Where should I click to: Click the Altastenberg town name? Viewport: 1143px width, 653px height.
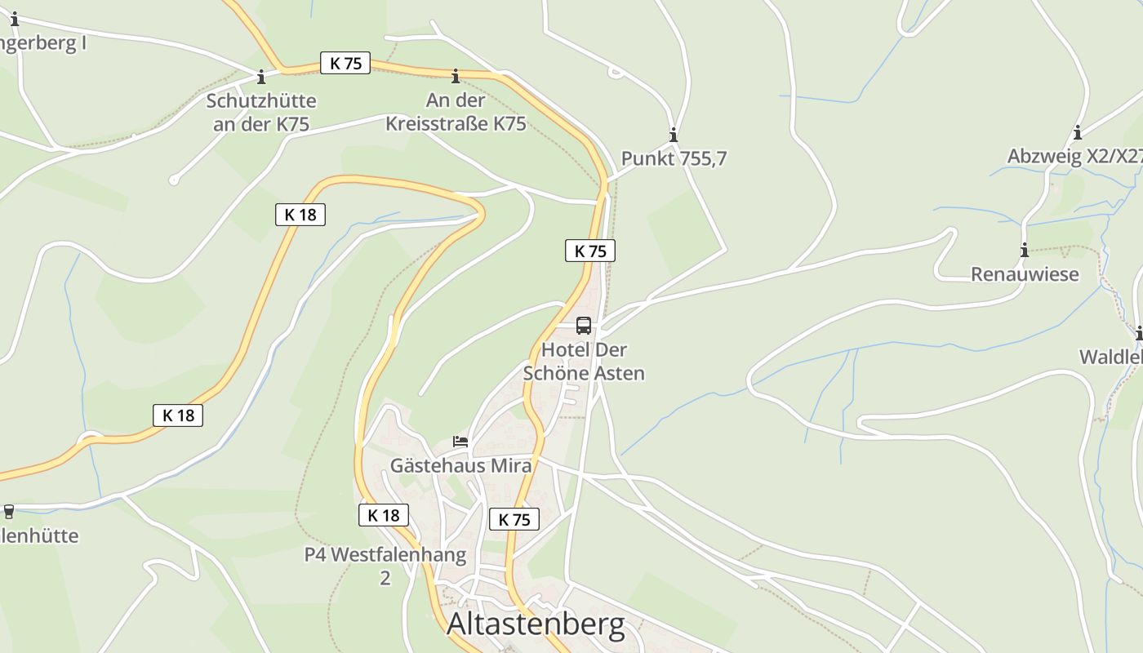click(x=536, y=624)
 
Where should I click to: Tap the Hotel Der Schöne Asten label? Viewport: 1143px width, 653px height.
click(x=584, y=362)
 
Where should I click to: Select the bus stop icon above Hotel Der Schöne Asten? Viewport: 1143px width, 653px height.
click(x=584, y=326)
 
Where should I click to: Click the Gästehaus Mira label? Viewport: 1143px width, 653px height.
click(x=461, y=466)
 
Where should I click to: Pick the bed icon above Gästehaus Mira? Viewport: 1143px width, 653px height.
click(x=461, y=442)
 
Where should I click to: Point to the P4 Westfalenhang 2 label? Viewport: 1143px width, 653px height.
click(x=385, y=566)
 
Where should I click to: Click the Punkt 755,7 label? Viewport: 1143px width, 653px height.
click(x=674, y=158)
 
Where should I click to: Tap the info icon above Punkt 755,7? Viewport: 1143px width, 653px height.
click(x=674, y=135)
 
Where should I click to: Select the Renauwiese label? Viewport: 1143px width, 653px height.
click(x=1025, y=274)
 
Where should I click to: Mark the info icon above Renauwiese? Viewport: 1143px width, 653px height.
click(x=1025, y=250)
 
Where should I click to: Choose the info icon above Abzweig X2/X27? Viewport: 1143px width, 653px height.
click(x=1078, y=132)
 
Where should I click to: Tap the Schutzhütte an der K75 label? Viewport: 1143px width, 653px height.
click(x=261, y=113)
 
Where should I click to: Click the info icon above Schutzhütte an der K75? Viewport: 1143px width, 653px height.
click(x=261, y=78)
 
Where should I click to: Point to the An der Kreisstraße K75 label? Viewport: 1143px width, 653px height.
click(x=456, y=113)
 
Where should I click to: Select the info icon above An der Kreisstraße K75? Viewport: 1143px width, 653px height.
click(x=456, y=77)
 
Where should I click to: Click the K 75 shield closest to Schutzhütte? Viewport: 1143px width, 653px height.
click(x=345, y=64)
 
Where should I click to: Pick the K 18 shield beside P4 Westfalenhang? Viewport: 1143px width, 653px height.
click(x=383, y=515)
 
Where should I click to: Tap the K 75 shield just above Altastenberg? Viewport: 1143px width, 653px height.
click(x=514, y=519)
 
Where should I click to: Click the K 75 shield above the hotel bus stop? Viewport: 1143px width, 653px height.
click(x=590, y=251)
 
